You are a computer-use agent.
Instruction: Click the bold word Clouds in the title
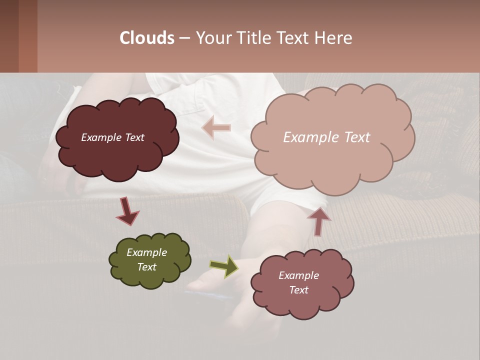point(147,38)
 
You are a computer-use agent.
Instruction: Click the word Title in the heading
point(253,38)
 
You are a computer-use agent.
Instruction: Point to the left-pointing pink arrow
point(216,127)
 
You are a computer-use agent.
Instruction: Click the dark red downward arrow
point(127,210)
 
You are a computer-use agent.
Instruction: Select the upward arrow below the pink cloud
point(318,220)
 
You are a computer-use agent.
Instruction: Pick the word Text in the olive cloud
point(147,267)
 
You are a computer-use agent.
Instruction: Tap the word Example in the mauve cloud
point(298,275)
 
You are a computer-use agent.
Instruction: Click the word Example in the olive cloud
point(147,252)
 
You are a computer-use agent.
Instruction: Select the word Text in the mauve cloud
point(298,290)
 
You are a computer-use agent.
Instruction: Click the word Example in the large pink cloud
point(307,137)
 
